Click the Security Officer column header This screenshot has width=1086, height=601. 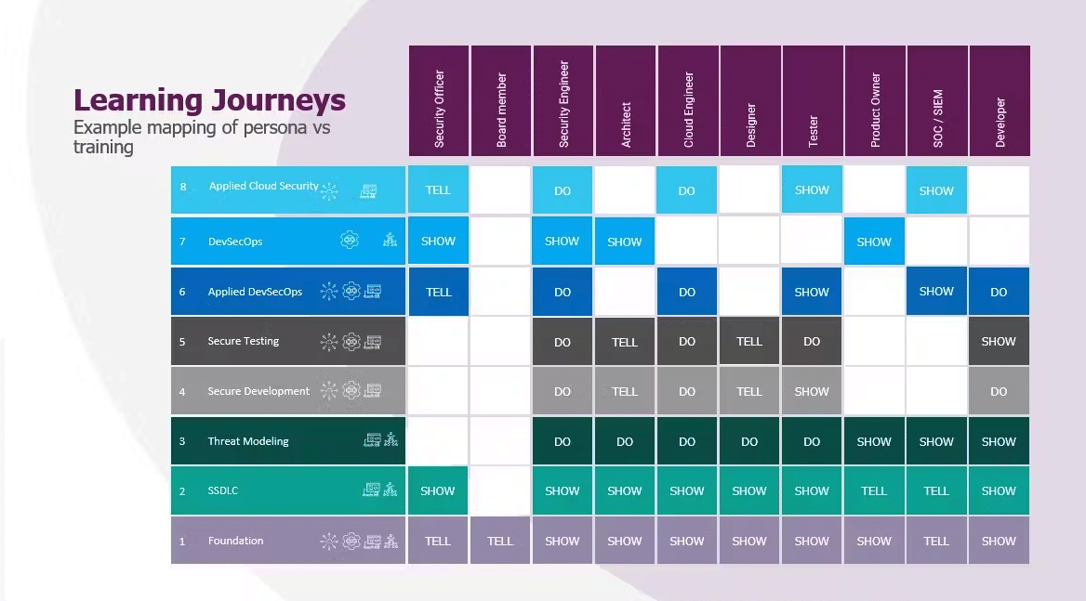click(x=439, y=101)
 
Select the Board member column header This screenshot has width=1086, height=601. click(x=501, y=101)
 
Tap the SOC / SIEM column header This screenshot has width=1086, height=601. click(x=937, y=101)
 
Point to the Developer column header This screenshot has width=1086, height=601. click(x=1000, y=101)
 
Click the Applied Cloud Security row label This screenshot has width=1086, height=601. click(x=264, y=186)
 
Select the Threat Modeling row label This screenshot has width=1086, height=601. click(x=248, y=441)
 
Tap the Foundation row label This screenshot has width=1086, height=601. click(x=235, y=541)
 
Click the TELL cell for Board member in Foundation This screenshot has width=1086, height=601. click(x=500, y=541)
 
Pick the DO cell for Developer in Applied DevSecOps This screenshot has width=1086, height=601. click(x=999, y=292)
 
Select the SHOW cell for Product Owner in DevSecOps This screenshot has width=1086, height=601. click(x=874, y=242)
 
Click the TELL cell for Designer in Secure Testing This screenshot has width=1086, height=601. click(x=749, y=342)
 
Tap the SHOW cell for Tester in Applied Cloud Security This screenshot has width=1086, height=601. click(x=812, y=190)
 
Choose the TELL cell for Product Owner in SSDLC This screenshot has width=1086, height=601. click(x=874, y=491)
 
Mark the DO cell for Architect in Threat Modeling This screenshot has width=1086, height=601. click(x=625, y=441)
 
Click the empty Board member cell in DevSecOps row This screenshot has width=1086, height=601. click(x=500, y=242)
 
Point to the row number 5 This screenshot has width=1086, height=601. click(x=182, y=342)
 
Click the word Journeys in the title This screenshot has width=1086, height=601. click(x=278, y=101)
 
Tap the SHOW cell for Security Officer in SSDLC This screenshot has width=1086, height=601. click(x=438, y=491)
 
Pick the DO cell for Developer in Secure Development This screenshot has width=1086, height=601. click(x=999, y=391)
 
